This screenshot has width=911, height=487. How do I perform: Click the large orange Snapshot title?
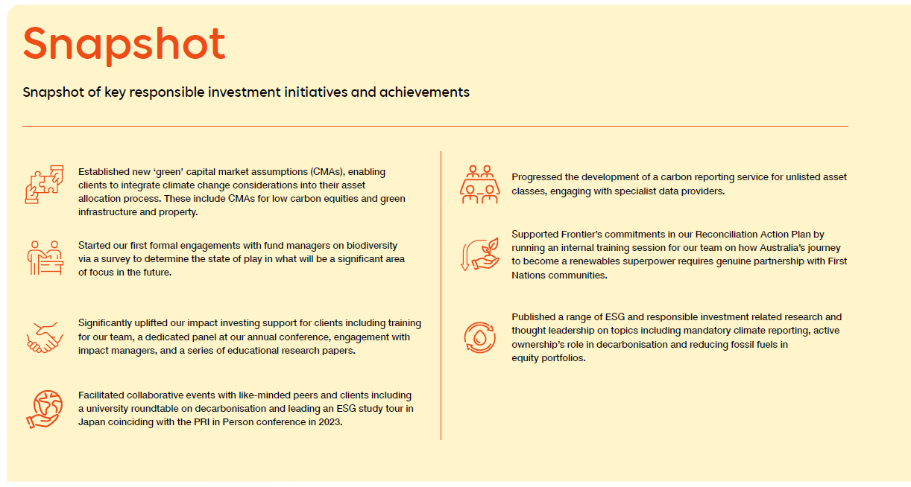click(124, 45)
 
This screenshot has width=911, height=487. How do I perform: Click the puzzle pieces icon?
click(44, 185)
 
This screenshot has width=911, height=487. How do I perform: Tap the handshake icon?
click(45, 337)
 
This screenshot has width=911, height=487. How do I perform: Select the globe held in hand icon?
click(44, 409)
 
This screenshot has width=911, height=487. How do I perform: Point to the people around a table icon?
click(480, 184)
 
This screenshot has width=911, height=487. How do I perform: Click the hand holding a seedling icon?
click(480, 255)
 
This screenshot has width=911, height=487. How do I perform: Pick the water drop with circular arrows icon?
click(480, 337)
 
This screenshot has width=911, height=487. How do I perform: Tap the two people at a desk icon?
click(45, 258)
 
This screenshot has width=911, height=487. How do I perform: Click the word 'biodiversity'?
click(372, 246)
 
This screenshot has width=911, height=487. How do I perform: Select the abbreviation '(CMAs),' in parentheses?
click(328, 172)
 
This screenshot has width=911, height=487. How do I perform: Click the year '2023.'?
click(330, 422)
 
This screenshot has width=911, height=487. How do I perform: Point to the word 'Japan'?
click(91, 422)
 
